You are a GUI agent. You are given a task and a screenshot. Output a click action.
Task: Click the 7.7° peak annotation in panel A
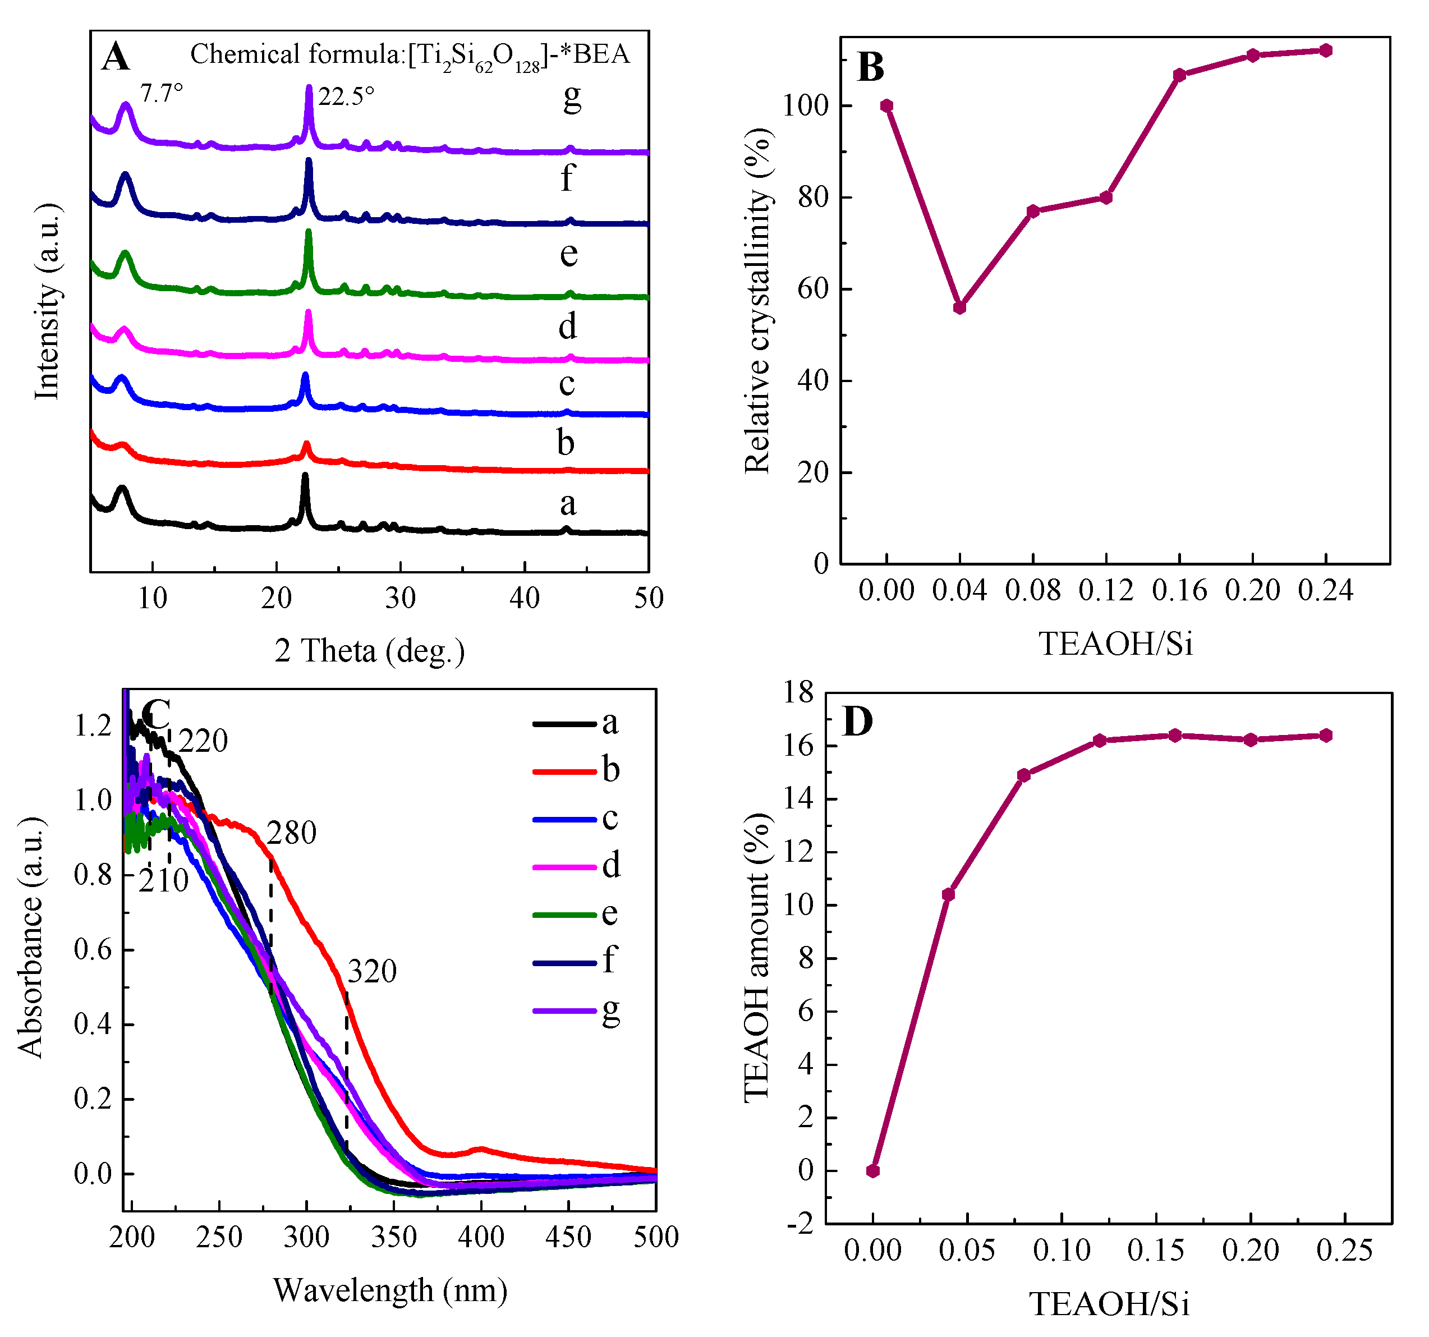pos(162,94)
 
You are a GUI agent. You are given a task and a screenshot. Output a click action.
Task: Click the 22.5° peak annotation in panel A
pos(346,97)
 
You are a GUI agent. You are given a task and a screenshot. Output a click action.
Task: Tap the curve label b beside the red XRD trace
pos(566,443)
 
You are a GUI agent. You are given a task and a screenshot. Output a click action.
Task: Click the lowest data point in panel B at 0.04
pos(959,307)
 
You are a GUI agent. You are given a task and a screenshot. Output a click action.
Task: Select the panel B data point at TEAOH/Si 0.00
pos(886,105)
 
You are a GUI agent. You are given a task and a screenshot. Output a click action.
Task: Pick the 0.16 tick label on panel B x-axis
pos(1179,591)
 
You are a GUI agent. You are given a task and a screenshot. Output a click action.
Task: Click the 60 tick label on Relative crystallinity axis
pos(813,289)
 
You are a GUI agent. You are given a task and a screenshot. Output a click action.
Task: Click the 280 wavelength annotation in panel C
pos(291,833)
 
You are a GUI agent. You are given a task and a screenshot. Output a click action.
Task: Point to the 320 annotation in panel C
pos(371,972)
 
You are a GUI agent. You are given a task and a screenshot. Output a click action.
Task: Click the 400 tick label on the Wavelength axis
pos(481,1237)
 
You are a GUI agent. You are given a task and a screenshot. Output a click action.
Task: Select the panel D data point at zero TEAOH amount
pos(872,1171)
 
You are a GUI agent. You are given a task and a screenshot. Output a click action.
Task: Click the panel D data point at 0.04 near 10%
pos(948,894)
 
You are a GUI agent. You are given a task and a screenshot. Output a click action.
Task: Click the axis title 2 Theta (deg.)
pos(370,651)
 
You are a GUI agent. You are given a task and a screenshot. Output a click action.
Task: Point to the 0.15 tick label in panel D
pos(1155,1251)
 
